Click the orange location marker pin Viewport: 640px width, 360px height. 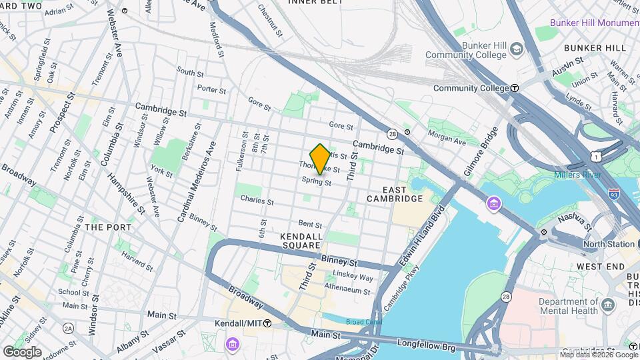[320, 159]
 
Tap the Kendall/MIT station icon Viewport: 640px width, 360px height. [267, 323]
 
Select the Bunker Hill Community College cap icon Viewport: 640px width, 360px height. [516, 49]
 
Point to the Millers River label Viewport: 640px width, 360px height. [577, 175]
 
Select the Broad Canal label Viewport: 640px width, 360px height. [364, 322]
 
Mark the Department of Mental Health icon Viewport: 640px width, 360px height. [607, 305]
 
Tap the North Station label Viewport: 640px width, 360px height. [608, 244]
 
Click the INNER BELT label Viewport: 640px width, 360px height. [315, 3]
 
